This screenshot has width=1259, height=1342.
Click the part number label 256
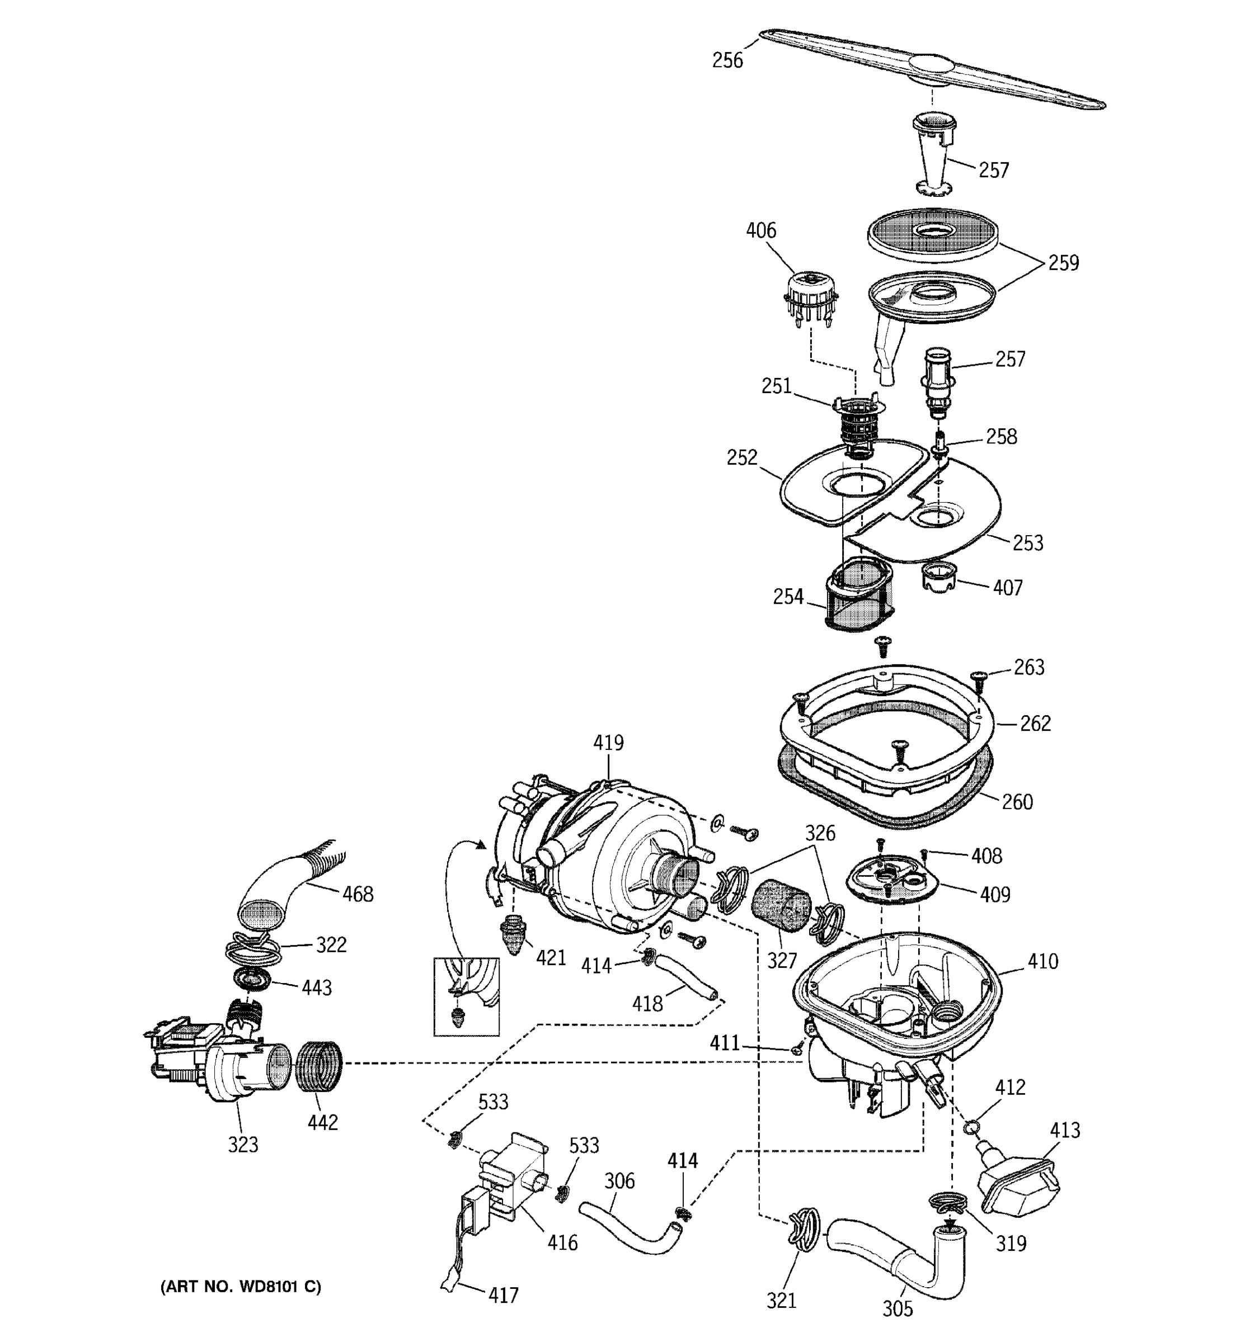(727, 61)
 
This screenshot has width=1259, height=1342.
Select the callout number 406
(760, 231)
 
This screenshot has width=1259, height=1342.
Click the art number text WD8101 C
(241, 1287)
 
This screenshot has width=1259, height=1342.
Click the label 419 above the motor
(608, 743)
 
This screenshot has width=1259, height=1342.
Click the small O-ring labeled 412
(971, 1126)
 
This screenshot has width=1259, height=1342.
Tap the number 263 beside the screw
(1028, 668)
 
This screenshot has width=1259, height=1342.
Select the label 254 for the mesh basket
(787, 597)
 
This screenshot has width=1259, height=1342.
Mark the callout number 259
(1063, 263)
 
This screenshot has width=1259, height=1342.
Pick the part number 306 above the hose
(619, 1180)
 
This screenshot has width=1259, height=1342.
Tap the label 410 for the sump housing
(1042, 961)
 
